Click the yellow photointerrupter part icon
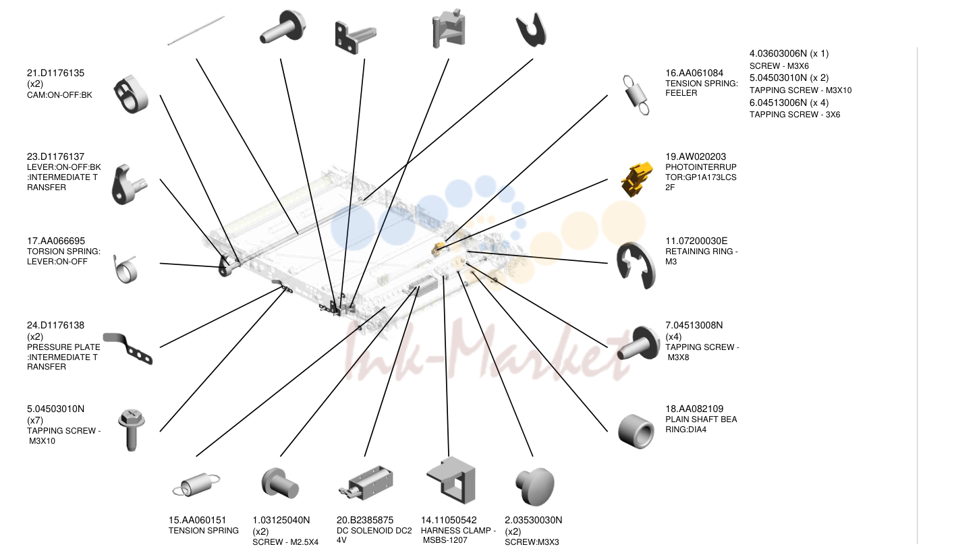[637, 179]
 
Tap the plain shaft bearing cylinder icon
[636, 432]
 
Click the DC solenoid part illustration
[366, 484]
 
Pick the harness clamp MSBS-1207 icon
[451, 480]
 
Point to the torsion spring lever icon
[125, 269]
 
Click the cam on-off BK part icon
[131, 94]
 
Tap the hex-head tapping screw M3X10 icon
[132, 430]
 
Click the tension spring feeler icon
[636, 95]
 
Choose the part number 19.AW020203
[696, 156]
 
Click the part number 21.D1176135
[55, 73]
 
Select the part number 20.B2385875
[365, 520]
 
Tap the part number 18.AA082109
[694, 409]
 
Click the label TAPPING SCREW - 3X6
[795, 115]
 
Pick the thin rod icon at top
[196, 30]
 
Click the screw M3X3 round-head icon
[535, 486]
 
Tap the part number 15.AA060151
[197, 520]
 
